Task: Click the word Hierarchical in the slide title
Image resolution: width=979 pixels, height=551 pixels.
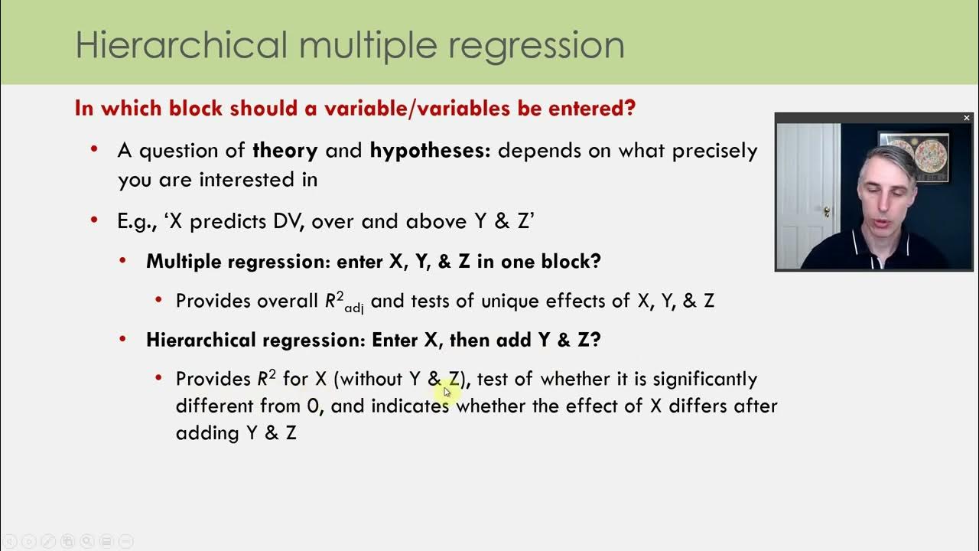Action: click(181, 45)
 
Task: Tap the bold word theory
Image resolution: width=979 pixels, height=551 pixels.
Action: click(285, 151)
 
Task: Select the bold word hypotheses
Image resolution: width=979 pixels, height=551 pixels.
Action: click(429, 151)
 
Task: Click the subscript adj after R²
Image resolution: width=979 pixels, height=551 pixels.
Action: click(354, 308)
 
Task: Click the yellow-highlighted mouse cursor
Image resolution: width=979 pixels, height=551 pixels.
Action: click(447, 392)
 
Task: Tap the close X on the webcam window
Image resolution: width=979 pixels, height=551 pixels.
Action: click(966, 118)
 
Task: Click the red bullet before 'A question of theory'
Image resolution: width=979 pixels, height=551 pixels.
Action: click(95, 150)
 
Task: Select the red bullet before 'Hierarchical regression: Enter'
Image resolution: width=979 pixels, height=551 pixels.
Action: click(124, 340)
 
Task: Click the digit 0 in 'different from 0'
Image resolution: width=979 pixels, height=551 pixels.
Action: click(312, 406)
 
